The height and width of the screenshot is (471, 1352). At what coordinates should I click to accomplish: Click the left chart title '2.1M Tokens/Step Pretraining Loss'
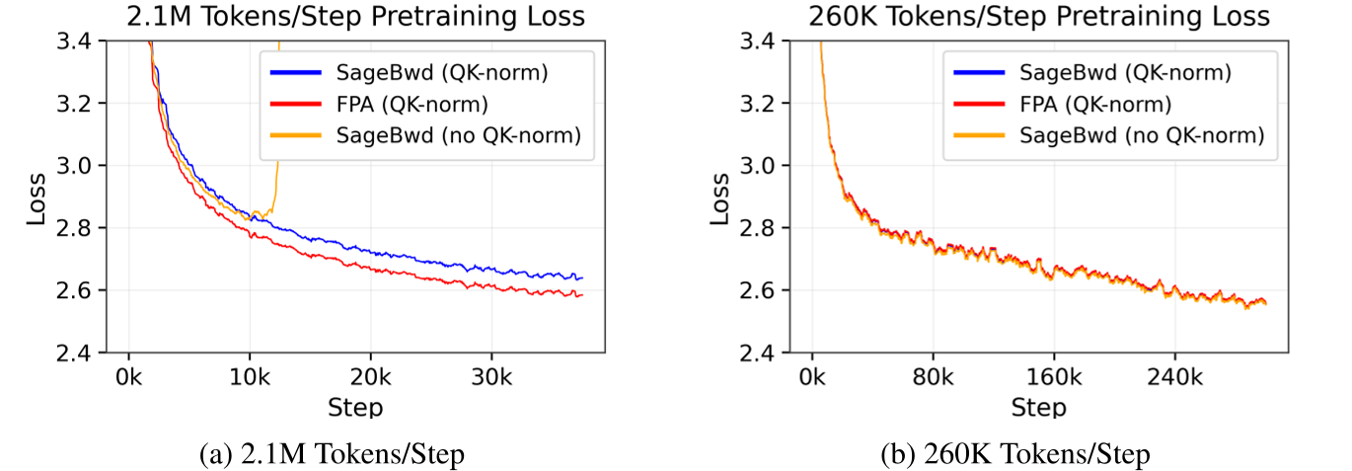click(354, 16)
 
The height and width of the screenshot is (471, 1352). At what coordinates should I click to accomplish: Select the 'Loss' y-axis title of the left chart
click(37, 197)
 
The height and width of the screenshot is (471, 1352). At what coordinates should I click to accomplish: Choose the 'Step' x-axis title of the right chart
click(1038, 406)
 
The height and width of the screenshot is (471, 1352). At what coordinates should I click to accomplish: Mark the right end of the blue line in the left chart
click(582, 278)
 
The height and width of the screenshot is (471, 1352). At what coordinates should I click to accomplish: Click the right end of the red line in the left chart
click(582, 294)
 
